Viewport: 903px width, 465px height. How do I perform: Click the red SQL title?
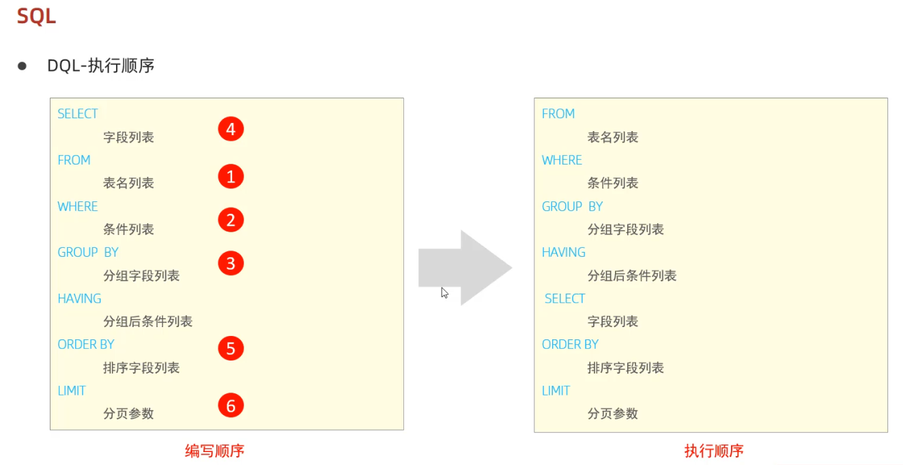[36, 16]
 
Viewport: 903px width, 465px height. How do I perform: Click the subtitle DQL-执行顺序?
[101, 66]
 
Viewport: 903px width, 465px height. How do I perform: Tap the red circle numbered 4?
[231, 129]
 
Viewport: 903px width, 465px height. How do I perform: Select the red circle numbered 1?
[231, 177]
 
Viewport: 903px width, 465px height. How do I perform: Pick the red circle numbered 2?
[231, 220]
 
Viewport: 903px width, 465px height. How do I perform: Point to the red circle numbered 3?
[231, 263]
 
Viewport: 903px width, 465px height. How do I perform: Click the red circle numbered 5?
[231, 348]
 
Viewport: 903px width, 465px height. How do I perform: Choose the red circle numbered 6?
[231, 406]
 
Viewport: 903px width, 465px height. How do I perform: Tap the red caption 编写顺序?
[214, 451]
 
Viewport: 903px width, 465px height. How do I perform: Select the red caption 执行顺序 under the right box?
[714, 451]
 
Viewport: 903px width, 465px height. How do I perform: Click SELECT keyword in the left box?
[78, 114]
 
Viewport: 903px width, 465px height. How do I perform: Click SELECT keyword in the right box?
[564, 298]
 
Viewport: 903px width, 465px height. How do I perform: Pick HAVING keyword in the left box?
[79, 298]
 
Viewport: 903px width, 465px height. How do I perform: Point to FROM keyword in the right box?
[558, 114]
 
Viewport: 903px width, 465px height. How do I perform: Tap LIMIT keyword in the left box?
[72, 391]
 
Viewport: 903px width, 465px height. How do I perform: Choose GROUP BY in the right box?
[572, 206]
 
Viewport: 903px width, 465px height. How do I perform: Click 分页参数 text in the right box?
[613, 414]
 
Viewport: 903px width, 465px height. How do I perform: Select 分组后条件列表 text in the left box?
[147, 322]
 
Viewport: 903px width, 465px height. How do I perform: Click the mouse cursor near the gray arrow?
[444, 293]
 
